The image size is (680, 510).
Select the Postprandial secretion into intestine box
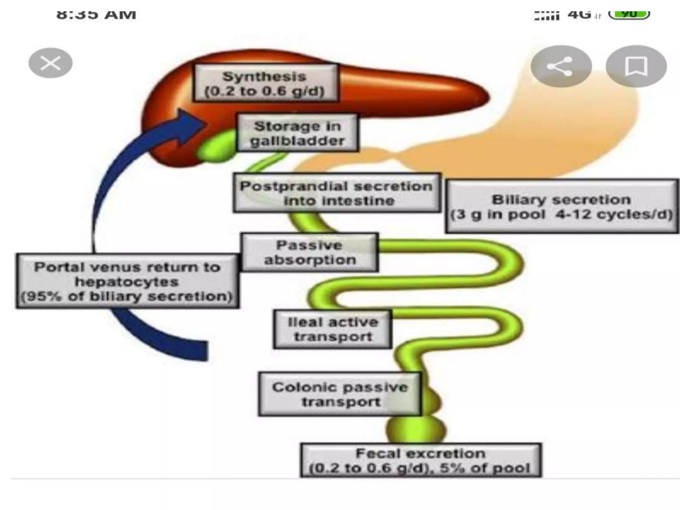pyautogui.click(x=337, y=193)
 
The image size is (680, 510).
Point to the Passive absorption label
pyautogui.click(x=309, y=252)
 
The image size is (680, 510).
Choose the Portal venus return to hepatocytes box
pyautogui.click(x=127, y=281)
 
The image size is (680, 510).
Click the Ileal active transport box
pyautogui.click(x=333, y=329)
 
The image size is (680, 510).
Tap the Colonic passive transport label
pyautogui.click(x=340, y=394)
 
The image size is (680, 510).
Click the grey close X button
pyautogui.click(x=50, y=63)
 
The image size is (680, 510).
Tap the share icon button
pyautogui.click(x=561, y=66)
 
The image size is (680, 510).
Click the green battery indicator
pyautogui.click(x=629, y=14)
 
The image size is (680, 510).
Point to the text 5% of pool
pyautogui.click(x=485, y=468)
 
